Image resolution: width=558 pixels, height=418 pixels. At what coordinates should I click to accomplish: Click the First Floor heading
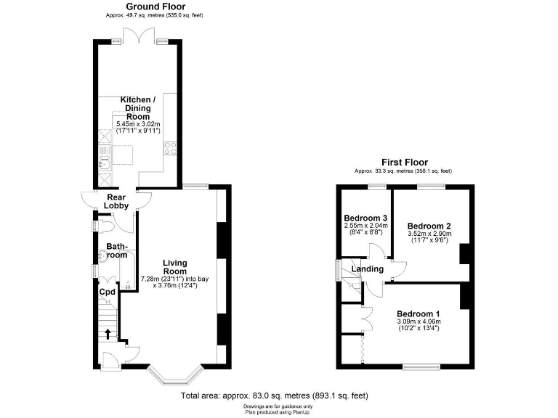click(x=405, y=163)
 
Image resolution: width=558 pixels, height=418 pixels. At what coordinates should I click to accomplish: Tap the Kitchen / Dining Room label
click(x=137, y=107)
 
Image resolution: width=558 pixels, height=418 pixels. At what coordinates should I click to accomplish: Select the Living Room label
click(x=174, y=267)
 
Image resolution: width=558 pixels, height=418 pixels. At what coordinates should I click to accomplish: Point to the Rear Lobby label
click(x=117, y=201)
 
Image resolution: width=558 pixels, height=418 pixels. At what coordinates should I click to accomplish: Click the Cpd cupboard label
click(x=108, y=292)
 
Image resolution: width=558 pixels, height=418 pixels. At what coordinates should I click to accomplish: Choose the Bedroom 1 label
click(x=418, y=313)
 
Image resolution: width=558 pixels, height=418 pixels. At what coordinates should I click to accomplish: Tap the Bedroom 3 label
click(x=365, y=218)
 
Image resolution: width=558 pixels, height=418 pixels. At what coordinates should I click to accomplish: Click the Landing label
click(x=368, y=269)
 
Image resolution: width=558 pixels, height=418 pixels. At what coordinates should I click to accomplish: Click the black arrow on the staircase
click(x=109, y=334)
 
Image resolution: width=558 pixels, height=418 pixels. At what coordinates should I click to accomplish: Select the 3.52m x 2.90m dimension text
click(x=429, y=234)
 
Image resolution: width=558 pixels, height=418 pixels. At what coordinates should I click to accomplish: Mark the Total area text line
click(x=275, y=396)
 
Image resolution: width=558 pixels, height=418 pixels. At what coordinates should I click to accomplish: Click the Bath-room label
click(x=118, y=250)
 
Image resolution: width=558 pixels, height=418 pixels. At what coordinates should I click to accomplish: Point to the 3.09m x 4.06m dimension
click(x=418, y=321)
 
